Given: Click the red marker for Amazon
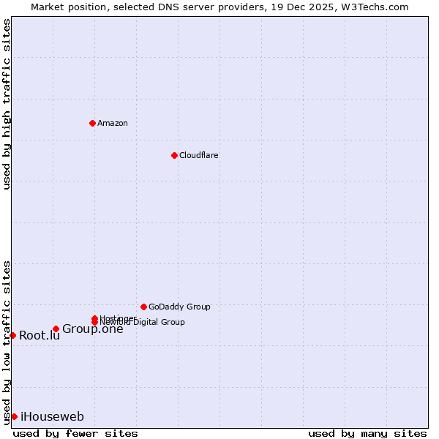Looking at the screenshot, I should pos(92,123).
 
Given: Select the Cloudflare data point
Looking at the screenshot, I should pos(174,155).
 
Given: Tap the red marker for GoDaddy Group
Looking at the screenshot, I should pos(143,307).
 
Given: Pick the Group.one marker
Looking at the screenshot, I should pos(56,329).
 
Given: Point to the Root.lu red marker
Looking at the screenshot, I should pos(12,335).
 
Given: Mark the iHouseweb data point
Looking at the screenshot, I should pos(14,416).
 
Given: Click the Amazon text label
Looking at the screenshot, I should pos(113,123).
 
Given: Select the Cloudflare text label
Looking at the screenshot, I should pos(199,155).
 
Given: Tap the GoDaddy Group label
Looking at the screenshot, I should pos(179,307).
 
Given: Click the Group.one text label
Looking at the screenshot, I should pos(93,329).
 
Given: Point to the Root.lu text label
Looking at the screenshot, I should pos(40,336).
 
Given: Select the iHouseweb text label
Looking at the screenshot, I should pos(53,417).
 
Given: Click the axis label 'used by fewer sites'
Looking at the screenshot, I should pos(75,433).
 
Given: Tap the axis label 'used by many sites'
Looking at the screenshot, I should pos(367,433).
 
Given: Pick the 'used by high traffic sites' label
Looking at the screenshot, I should pos(7,104).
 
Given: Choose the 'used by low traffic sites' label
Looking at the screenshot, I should pos(7,342).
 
